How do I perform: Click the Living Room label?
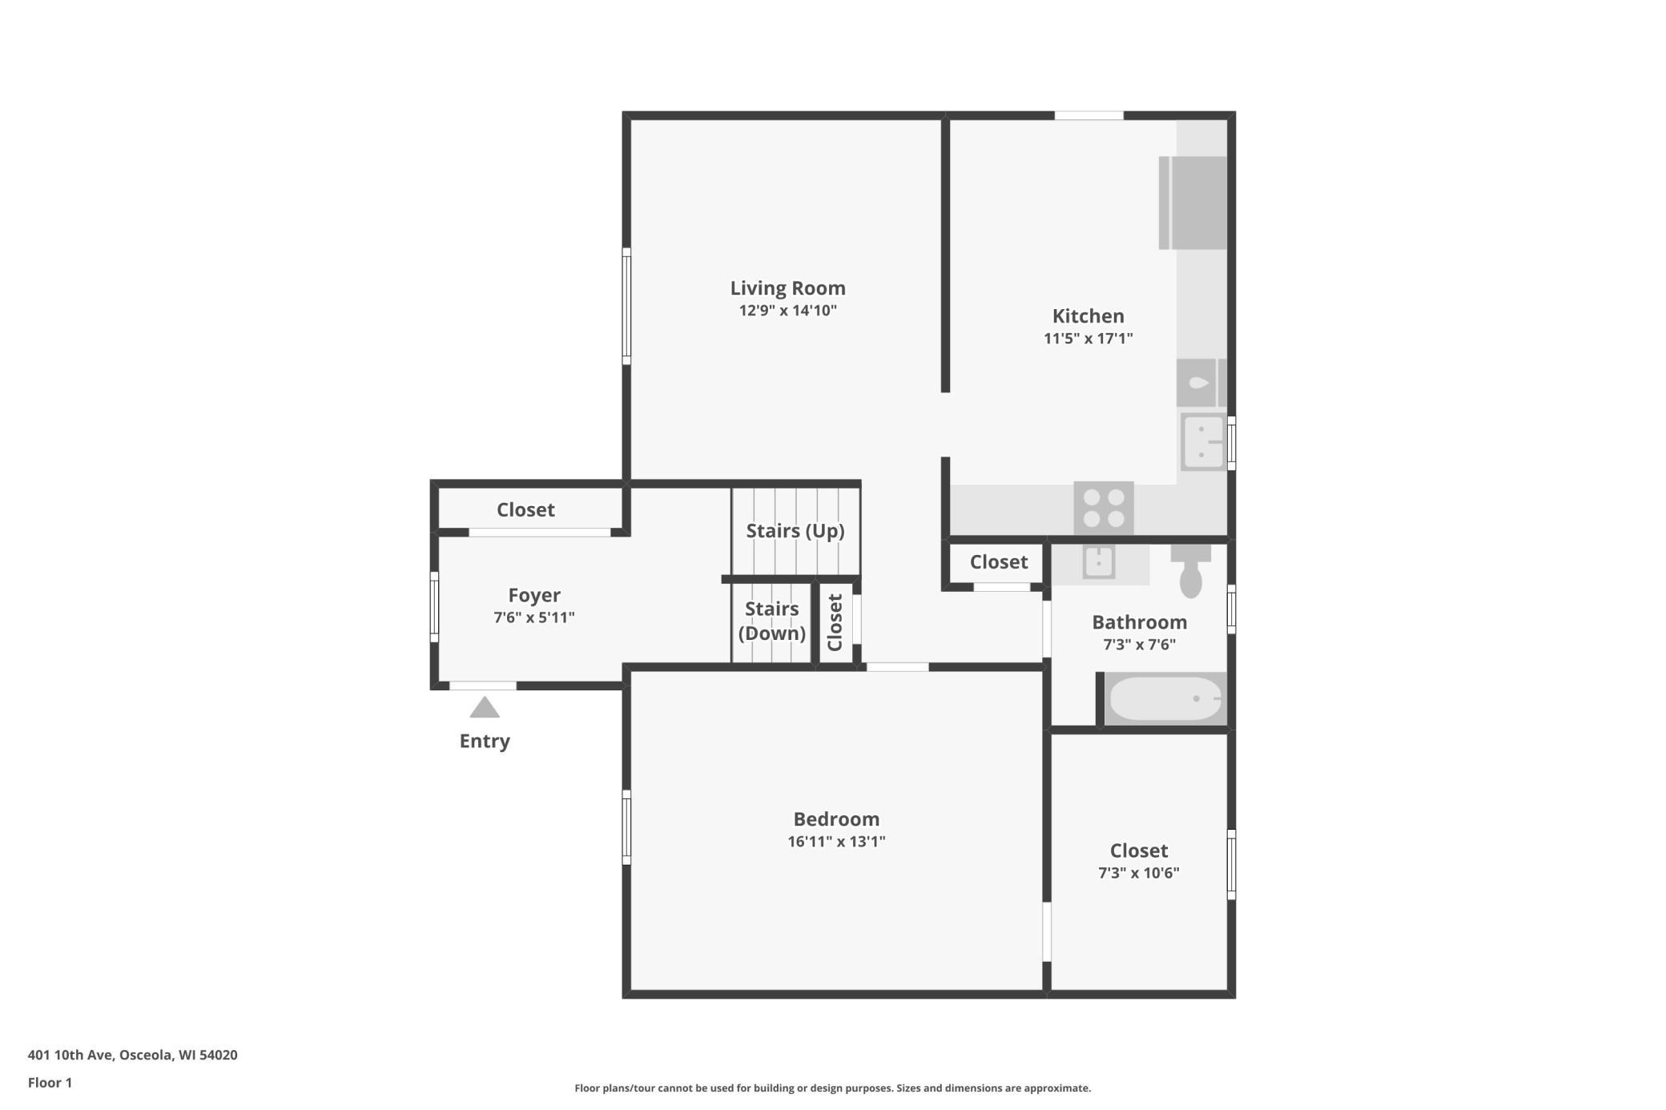[x=787, y=288]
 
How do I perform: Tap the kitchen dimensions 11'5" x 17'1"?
[x=1088, y=338]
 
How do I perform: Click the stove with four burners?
[x=1103, y=508]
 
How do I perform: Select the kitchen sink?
[x=1203, y=441]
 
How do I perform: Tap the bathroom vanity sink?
[x=1099, y=561]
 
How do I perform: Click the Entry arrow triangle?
[x=485, y=707]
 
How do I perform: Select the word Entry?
[x=485, y=741]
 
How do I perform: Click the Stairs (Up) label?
[x=795, y=531]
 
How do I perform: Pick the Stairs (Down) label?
[x=772, y=621]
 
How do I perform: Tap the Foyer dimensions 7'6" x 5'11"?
[x=534, y=617]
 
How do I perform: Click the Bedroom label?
[x=836, y=818]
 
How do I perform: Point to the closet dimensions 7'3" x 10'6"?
[x=1138, y=873]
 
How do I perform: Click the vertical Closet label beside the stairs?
[x=835, y=622]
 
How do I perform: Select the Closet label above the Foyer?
[x=525, y=509]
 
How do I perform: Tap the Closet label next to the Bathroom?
[x=999, y=561]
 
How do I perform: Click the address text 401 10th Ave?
[x=71, y=1055]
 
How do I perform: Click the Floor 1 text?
[x=50, y=1083]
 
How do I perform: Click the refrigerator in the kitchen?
[x=1193, y=203]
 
